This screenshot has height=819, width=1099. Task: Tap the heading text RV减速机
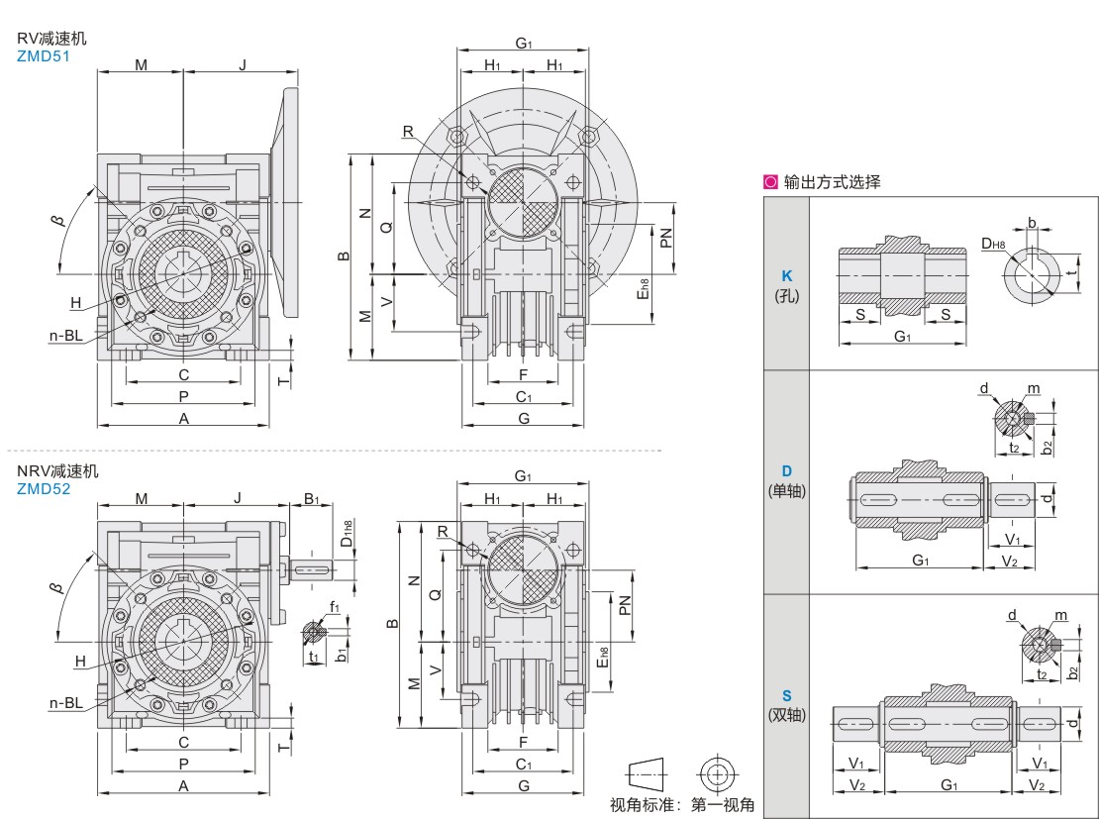tap(51, 39)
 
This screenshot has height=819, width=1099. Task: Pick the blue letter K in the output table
tap(787, 276)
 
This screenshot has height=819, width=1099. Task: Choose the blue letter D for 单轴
tap(787, 470)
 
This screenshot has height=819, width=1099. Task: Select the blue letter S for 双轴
tap(787, 696)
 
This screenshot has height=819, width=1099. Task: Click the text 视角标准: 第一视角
tap(681, 804)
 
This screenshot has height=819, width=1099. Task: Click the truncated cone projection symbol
tap(645, 772)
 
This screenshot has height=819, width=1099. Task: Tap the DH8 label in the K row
tap(993, 243)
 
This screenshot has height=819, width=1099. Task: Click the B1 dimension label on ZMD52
tap(311, 498)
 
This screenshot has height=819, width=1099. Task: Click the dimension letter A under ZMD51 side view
tap(183, 419)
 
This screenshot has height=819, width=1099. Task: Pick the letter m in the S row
tap(1060, 615)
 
